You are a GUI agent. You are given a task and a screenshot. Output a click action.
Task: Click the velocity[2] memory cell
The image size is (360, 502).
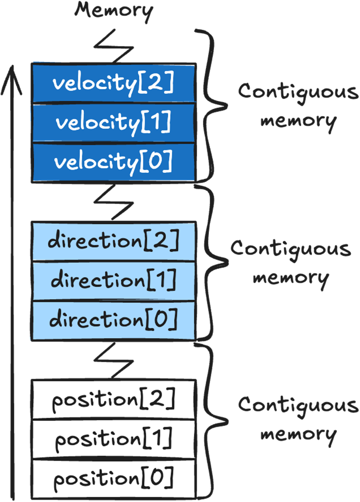coord(114,83)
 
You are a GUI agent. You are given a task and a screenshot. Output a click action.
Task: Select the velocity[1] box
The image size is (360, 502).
coord(114,123)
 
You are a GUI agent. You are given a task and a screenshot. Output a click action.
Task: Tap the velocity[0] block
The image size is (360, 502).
coord(114,162)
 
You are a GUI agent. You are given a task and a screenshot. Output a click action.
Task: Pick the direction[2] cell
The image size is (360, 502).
coord(114,241)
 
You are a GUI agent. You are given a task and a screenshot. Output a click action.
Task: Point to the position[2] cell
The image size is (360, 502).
coord(114,399)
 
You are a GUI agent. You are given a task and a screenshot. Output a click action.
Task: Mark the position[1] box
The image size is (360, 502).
coord(114,439)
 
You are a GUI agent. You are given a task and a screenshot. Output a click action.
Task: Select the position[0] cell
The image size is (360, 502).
coord(114,478)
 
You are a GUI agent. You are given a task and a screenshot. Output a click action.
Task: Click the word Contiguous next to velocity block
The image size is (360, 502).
coord(298,92)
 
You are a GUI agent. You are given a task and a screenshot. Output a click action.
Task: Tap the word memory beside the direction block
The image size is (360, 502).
coord(291,278)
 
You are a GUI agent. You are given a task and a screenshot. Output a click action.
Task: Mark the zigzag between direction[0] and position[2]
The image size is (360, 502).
coord(113,360)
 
